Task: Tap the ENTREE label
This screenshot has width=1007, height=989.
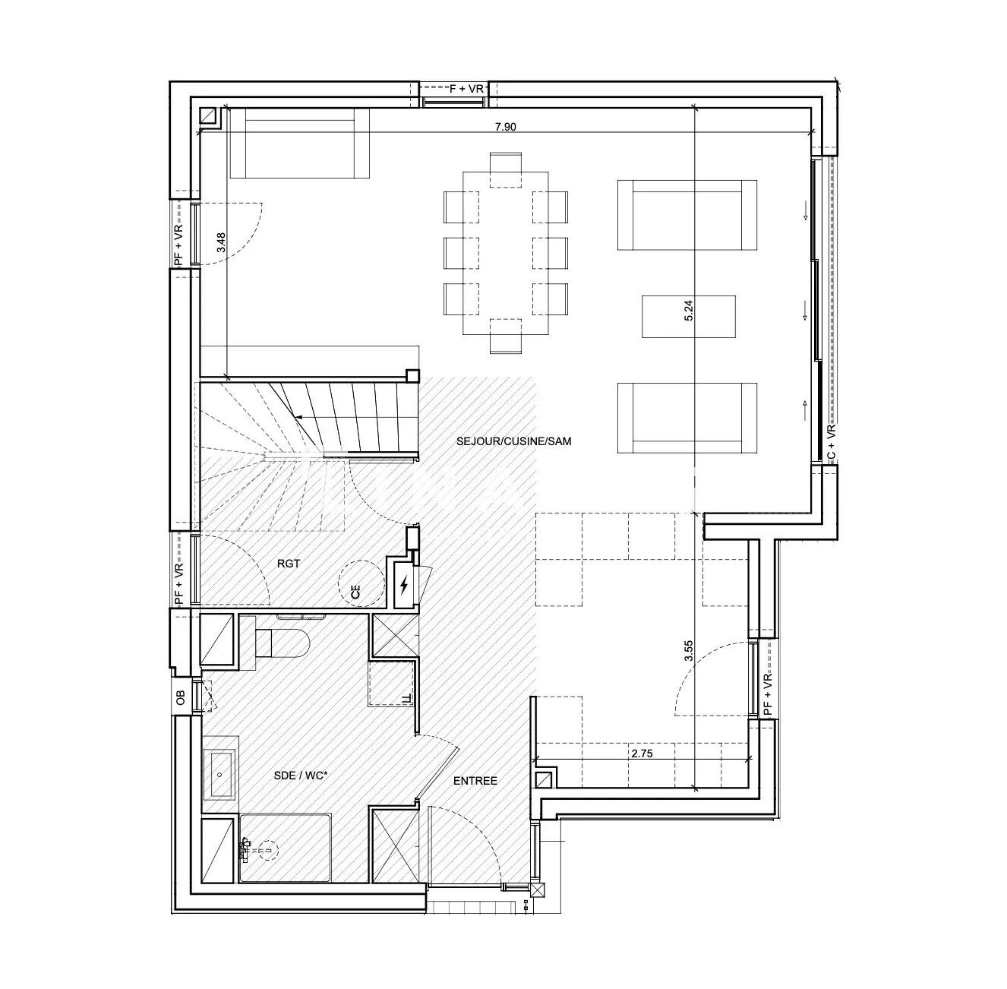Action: pos(475,781)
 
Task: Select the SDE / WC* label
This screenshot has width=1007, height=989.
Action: pos(300,776)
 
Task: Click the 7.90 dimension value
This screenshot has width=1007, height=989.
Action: pos(505,127)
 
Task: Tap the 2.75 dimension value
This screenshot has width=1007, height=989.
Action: pos(641,754)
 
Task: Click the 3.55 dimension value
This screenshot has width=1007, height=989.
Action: pos(689,652)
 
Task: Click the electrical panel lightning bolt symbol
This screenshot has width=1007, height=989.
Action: pos(405,585)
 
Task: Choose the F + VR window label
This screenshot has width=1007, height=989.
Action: pos(466,89)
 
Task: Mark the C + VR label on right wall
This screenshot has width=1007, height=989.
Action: pos(831,443)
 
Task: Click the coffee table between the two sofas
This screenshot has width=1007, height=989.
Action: pos(688,317)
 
